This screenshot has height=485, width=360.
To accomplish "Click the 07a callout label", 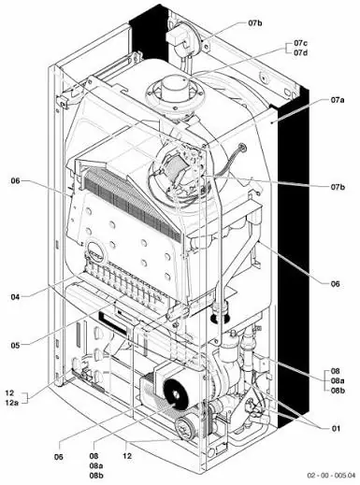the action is pyautogui.click(x=338, y=100).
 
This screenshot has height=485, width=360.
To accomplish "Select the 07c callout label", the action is pyautogui.click(x=300, y=43).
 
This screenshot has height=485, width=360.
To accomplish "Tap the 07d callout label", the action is pyautogui.click(x=300, y=52).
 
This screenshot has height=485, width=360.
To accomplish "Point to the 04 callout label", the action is pyautogui.click(x=15, y=297).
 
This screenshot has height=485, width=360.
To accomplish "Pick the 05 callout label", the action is pyautogui.click(x=15, y=345).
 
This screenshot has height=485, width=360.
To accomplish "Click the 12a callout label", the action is pyautogui.click(x=12, y=403).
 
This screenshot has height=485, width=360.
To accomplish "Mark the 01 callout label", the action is pyautogui.click(x=336, y=429).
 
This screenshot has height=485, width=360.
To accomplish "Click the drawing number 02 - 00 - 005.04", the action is pyautogui.click(x=331, y=476).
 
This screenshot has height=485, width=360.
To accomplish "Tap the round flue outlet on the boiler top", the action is pyautogui.click(x=174, y=92).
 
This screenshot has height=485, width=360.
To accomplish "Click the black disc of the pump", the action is pyautogui.click(x=175, y=395).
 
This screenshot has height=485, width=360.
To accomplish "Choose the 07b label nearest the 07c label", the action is pyautogui.click(x=255, y=22).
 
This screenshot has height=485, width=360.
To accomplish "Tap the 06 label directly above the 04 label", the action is pyautogui.click(x=15, y=180).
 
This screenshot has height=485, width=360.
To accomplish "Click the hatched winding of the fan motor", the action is pyautogui.click(x=173, y=167).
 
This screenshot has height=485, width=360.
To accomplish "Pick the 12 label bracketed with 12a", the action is pyautogui.click(x=9, y=392).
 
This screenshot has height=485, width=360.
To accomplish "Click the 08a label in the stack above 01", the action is pyautogui.click(x=338, y=380).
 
